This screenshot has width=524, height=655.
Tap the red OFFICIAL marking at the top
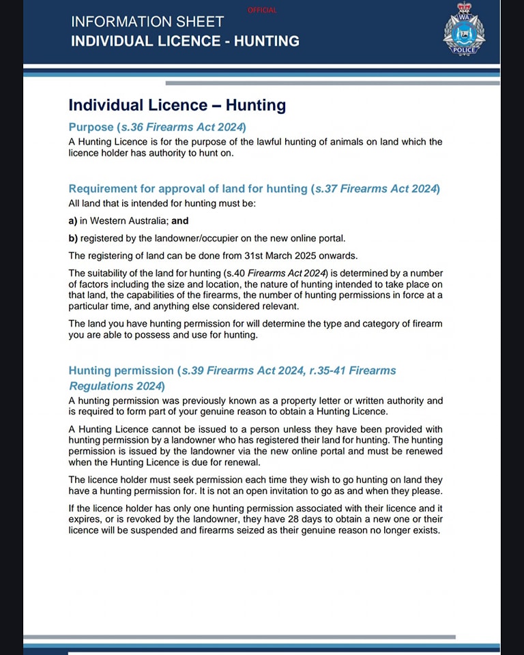[x=263, y=10]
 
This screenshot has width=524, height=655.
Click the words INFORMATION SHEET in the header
[x=147, y=22]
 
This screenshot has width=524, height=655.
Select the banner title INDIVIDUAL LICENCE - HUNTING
[x=185, y=41]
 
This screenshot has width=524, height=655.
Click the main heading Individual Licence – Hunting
[x=177, y=105]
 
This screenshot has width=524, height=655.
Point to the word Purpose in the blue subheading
[x=91, y=127]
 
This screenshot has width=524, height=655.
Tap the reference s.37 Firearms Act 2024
[x=375, y=188]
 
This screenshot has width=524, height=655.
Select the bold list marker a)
[x=73, y=221]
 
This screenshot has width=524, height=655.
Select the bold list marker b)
[x=73, y=238]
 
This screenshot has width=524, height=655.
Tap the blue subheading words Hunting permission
[x=121, y=370]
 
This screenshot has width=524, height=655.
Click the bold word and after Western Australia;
[x=179, y=221]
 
